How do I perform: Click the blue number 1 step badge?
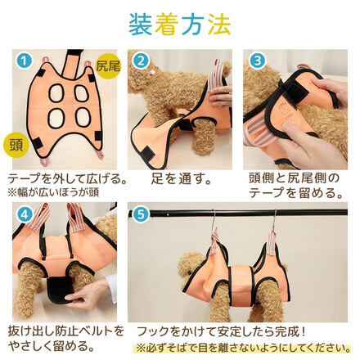(24, 61)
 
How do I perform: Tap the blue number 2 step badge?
(141, 61)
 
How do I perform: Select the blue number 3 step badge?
(257, 61)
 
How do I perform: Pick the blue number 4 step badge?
(24, 214)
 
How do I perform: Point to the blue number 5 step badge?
(141, 214)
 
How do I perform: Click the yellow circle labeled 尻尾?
(108, 65)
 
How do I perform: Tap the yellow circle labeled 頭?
(16, 144)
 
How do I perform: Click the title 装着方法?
(180, 25)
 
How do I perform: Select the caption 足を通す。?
(182, 179)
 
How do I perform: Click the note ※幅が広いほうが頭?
(53, 192)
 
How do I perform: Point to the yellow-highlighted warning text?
(243, 349)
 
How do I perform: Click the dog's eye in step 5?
(188, 272)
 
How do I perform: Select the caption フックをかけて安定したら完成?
(221, 331)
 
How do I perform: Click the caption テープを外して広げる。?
(68, 179)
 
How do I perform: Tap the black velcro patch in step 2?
(148, 151)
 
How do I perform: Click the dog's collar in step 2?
(153, 70)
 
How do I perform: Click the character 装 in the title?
(141, 25)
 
